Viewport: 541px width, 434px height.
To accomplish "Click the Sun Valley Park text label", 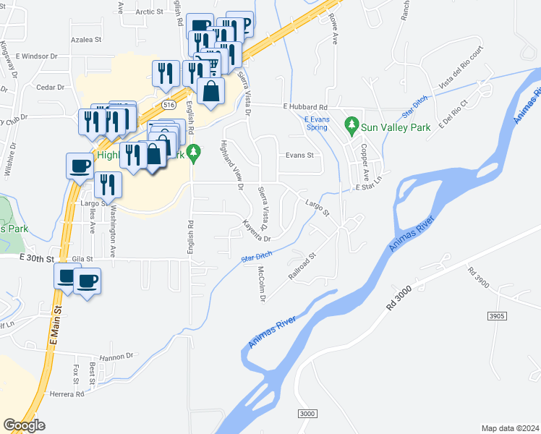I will pyautogui.click(x=397, y=127).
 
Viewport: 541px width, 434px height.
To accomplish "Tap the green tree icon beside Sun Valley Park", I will pyautogui.click(x=352, y=126).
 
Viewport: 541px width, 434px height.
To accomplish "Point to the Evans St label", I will pyautogui.click(x=299, y=155).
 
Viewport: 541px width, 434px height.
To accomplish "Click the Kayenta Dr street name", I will pyautogui.click(x=257, y=230).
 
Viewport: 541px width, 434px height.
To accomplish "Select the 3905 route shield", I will pyautogui.click(x=497, y=316).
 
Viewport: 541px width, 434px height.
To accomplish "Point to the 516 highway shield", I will pyautogui.click(x=169, y=105).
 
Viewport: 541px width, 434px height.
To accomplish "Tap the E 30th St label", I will pyautogui.click(x=37, y=258).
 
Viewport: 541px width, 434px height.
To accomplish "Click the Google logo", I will pyautogui.click(x=25, y=425).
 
